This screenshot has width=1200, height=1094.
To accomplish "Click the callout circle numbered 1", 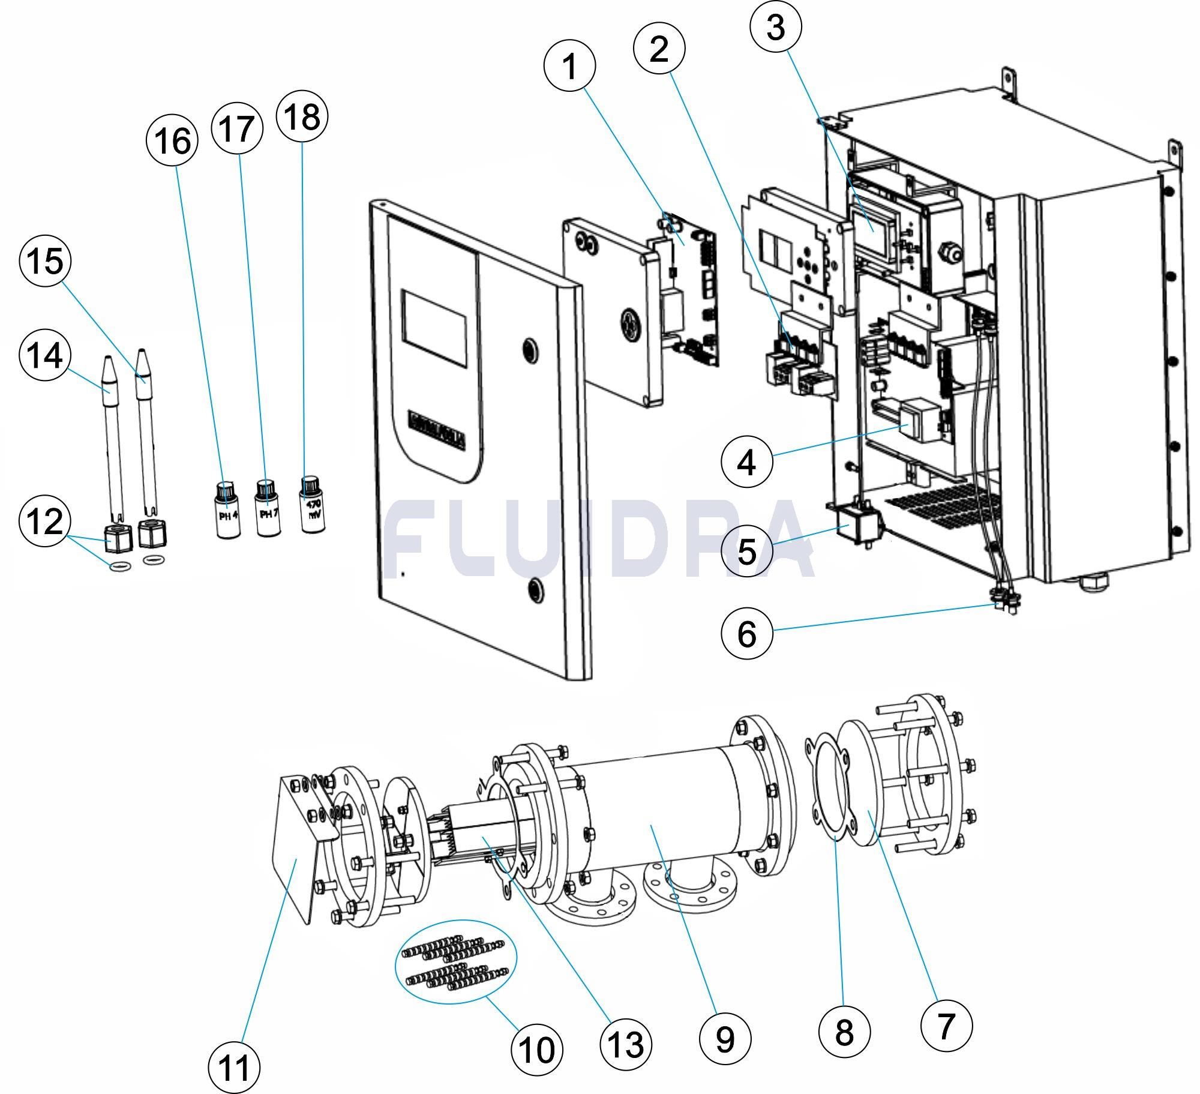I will pyautogui.click(x=569, y=66).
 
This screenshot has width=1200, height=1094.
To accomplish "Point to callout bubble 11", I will pyautogui.click(x=234, y=1068).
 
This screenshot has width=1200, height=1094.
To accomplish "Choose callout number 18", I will pyautogui.click(x=302, y=116).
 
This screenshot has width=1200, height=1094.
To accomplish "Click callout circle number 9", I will pyautogui.click(x=725, y=1038).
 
